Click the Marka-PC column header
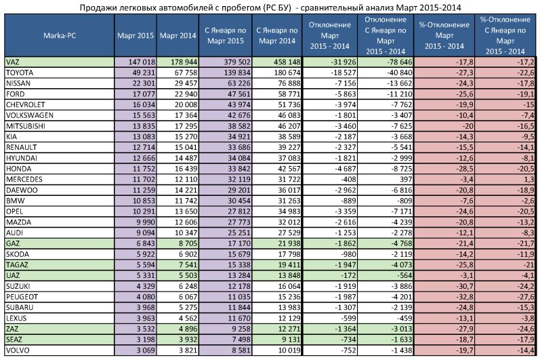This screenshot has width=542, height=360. (x=60, y=35)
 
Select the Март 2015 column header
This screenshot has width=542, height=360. (x=135, y=35)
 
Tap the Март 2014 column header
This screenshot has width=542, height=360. (x=178, y=35)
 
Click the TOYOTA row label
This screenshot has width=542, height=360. (x=20, y=73)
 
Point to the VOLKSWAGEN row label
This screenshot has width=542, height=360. (x=30, y=115)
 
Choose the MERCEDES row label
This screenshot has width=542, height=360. (x=24, y=179)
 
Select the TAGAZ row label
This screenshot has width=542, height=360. (x=17, y=265)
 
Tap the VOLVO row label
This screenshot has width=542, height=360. (x=18, y=351)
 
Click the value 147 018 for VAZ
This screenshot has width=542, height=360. (x=142, y=62)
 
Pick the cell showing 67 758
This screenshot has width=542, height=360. (x=186, y=73)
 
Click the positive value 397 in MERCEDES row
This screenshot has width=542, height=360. (x=405, y=179)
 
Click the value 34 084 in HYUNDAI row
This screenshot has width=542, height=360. (x=239, y=158)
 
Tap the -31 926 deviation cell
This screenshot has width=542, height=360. (x=343, y=62)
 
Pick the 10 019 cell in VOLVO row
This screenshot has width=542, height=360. (x=289, y=351)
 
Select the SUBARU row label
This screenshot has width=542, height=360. (x=20, y=307)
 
